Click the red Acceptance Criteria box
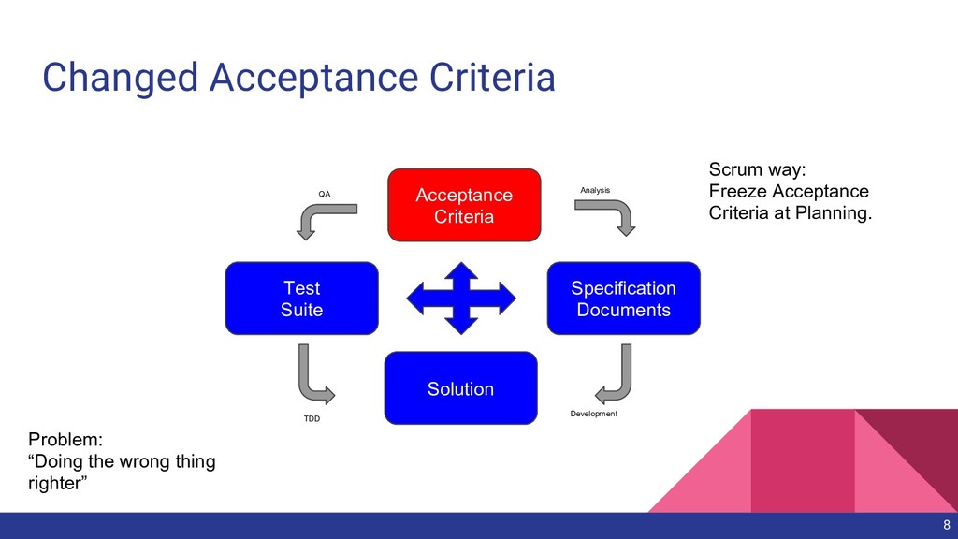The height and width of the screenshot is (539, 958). click(464, 205)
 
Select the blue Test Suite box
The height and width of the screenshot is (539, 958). click(301, 299)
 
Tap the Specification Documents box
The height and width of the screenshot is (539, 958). click(623, 299)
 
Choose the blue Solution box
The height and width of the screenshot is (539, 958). click(460, 388)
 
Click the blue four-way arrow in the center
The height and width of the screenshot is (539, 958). click(461, 299)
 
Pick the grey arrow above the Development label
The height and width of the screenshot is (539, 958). click(615, 372)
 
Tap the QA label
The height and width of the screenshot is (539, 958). click(325, 194)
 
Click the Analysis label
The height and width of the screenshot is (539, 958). click(595, 190)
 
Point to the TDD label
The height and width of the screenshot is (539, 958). click(312, 418)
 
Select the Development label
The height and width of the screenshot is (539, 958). click(593, 414)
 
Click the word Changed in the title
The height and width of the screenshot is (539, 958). click(119, 78)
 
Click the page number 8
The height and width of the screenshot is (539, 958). click(946, 525)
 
